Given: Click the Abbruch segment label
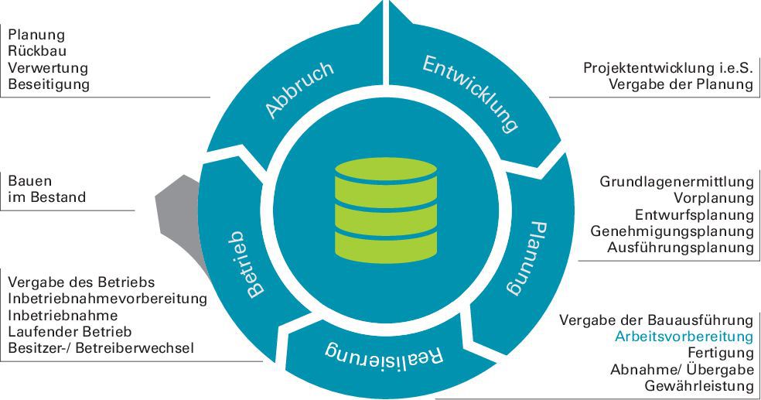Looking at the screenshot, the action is click(x=300, y=89).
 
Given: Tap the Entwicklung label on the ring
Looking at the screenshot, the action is click(x=469, y=94).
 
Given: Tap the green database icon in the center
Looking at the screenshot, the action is click(x=386, y=210).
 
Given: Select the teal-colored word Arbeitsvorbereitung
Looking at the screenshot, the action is click(x=684, y=337).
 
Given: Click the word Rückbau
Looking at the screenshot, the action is click(x=37, y=51).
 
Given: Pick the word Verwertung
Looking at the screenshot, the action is click(x=48, y=67).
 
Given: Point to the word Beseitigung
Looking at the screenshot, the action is click(x=49, y=84).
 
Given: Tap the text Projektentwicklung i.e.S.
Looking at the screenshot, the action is click(x=668, y=67).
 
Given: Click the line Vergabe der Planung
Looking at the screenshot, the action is click(x=681, y=84).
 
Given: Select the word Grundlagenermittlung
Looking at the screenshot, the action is click(x=677, y=182).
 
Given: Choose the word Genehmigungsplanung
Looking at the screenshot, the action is click(x=672, y=231).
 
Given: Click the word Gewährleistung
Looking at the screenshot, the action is click(x=699, y=386).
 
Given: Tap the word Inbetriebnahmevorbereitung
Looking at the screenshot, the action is click(x=107, y=299).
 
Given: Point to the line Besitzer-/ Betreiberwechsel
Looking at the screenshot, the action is click(x=101, y=348).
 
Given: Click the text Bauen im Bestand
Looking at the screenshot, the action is click(x=47, y=189).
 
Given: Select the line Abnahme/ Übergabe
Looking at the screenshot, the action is click(x=682, y=370).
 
